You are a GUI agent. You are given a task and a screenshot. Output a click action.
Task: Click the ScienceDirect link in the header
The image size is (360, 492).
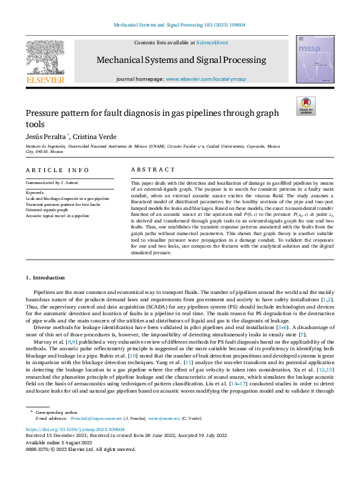[x=212, y=42]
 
